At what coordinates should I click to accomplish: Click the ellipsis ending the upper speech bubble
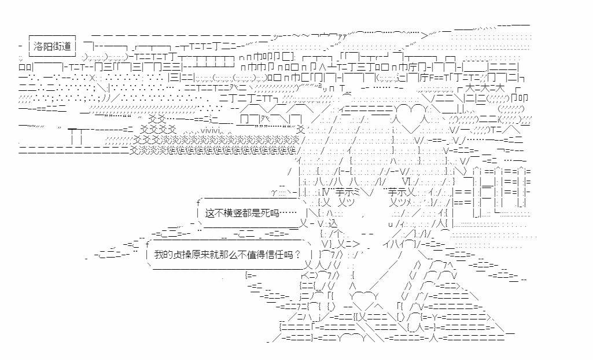(293, 214)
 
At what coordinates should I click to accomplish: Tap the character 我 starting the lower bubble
(159, 254)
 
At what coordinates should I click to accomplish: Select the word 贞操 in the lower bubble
(185, 254)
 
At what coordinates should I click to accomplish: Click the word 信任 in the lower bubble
(279, 254)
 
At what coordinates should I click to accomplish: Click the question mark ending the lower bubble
(297, 254)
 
